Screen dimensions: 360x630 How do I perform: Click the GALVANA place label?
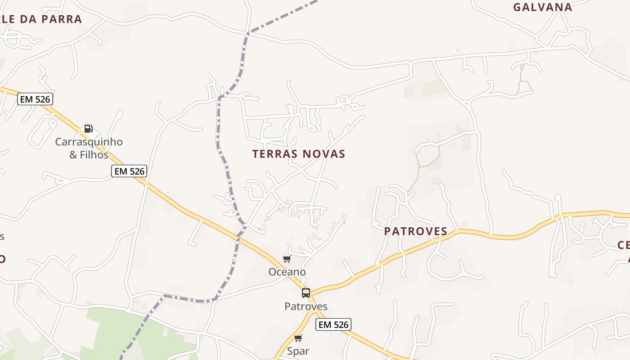(x=543, y=7)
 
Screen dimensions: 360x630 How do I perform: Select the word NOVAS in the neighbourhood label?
(x=324, y=154)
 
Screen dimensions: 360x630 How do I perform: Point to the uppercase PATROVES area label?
(x=415, y=231)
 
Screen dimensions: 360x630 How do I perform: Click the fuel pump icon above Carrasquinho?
(x=89, y=129)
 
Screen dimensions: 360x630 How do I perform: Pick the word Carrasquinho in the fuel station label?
(x=89, y=142)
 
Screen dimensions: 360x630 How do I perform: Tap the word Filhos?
(x=94, y=155)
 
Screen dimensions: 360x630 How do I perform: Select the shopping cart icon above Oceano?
(x=287, y=259)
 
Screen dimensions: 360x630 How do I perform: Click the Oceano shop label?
(x=287, y=272)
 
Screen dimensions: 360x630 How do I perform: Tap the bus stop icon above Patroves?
(x=306, y=293)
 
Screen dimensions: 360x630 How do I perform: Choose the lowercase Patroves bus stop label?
(x=306, y=306)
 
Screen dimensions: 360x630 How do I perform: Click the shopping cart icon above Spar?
(x=298, y=338)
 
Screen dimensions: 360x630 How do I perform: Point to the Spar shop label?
(x=298, y=351)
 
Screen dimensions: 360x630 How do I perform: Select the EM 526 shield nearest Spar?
(x=333, y=324)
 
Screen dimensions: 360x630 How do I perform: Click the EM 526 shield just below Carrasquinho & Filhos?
(x=129, y=171)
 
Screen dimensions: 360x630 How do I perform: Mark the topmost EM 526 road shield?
(x=36, y=99)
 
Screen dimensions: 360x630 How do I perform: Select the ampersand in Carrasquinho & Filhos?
(x=73, y=155)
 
